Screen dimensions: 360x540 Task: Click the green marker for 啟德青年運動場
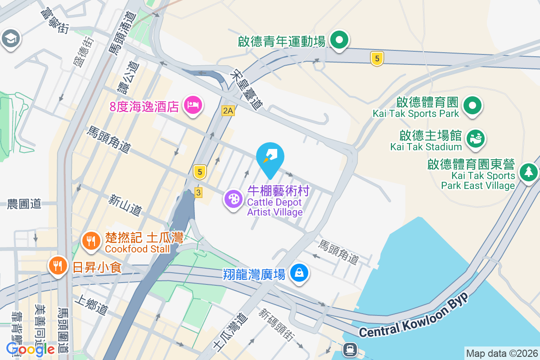(340, 40)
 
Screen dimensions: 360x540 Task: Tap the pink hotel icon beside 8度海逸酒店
(193, 105)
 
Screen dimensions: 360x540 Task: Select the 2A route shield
(228, 111)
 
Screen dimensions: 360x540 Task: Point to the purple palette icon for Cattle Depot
(234, 199)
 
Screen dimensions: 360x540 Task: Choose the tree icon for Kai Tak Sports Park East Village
(529, 172)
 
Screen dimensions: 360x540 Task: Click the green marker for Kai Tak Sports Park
(472, 106)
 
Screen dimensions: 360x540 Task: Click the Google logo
(31, 349)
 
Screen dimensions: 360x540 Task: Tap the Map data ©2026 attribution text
(502, 353)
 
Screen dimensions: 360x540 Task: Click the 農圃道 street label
(24, 204)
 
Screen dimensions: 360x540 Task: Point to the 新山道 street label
(125, 205)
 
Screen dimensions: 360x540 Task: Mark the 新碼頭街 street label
(276, 325)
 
